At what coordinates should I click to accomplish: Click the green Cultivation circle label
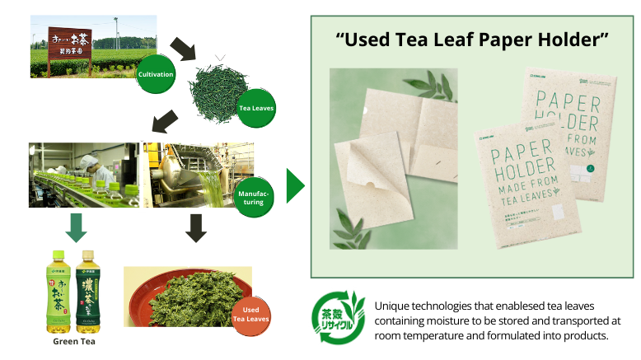[157, 74]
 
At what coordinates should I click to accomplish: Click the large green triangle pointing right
[294, 186]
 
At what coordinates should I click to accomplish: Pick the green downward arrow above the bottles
[75, 228]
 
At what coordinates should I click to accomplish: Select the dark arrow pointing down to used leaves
[195, 228]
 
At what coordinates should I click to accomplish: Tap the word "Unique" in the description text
[392, 306]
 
